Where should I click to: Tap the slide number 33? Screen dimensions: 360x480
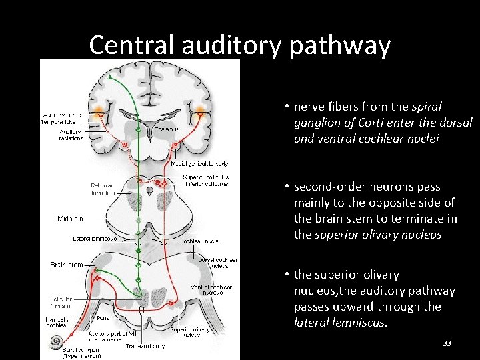click(x=447, y=343)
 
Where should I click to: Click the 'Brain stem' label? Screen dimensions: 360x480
click(x=67, y=265)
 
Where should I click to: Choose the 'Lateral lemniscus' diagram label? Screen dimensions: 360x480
click(x=95, y=238)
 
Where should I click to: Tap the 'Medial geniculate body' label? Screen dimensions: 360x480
click(x=199, y=163)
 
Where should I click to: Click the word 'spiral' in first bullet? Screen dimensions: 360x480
click(x=426, y=107)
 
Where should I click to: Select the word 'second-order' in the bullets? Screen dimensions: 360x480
click(x=325, y=187)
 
